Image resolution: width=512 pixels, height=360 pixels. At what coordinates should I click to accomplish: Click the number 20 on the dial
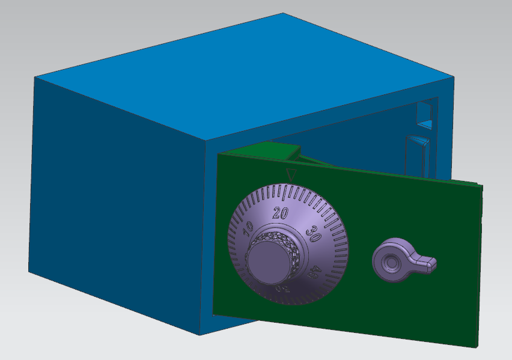(x=280, y=212)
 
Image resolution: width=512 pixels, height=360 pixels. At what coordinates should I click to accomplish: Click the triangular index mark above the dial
(x=291, y=175)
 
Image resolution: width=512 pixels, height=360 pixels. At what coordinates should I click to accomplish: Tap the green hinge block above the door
(x=270, y=151)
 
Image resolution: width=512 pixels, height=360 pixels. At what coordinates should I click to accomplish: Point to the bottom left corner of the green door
(x=213, y=313)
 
